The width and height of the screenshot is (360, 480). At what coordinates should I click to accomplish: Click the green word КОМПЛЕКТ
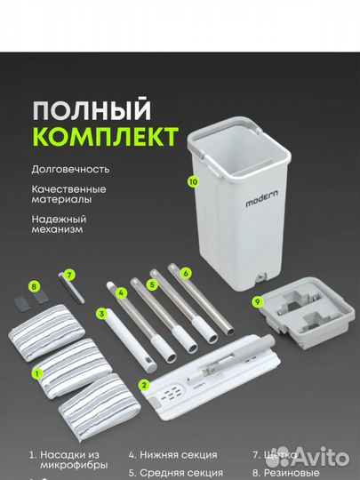pyautogui.click(x=105, y=138)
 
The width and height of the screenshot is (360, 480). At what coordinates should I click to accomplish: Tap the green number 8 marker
pyautogui.click(x=34, y=286)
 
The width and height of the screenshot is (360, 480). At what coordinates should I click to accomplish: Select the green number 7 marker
pyautogui.click(x=68, y=276)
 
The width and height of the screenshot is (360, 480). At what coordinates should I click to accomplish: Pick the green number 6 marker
pyautogui.click(x=185, y=274)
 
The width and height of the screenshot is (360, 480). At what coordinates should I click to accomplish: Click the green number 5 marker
pyautogui.click(x=152, y=284)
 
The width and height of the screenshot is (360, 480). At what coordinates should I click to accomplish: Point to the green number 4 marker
pyautogui.click(x=122, y=292)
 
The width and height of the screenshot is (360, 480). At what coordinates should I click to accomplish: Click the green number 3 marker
pyautogui.click(x=102, y=313)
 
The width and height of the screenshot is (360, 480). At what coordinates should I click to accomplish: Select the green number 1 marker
pyautogui.click(x=36, y=374)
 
